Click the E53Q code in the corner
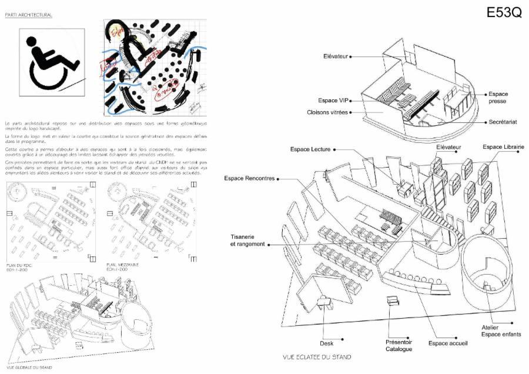(x=504, y=14)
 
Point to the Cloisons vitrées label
(x=328, y=112)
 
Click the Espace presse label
(x=498, y=98)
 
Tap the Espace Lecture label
(x=310, y=149)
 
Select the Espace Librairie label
(x=503, y=146)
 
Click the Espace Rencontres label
(x=249, y=178)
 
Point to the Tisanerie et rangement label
(x=247, y=241)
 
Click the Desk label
(x=327, y=343)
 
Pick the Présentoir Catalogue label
(x=399, y=345)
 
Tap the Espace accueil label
(x=448, y=343)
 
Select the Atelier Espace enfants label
(x=501, y=330)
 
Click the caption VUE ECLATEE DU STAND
(x=317, y=357)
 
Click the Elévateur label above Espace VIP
(x=336, y=56)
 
